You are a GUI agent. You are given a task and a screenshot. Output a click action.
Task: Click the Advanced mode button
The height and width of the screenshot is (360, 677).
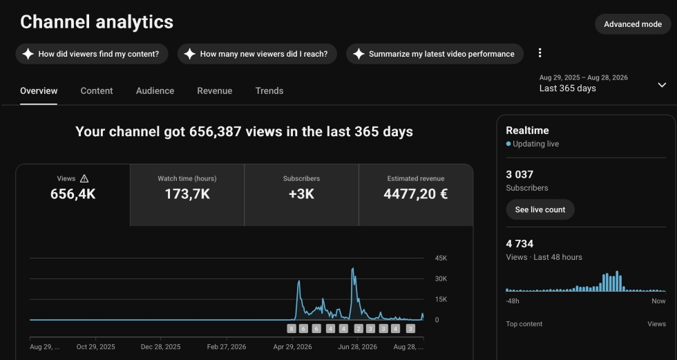tap(633, 24)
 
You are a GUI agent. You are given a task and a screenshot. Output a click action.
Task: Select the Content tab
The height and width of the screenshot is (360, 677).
tap(97, 91)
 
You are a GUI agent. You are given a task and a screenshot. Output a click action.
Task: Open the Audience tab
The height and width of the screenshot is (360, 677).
tap(155, 91)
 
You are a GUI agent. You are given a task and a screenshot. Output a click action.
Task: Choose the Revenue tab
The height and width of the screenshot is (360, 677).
tap(215, 91)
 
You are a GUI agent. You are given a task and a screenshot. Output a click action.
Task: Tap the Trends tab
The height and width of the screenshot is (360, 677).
tap(269, 91)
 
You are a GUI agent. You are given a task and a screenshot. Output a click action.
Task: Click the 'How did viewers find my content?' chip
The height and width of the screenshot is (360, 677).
tap(91, 54)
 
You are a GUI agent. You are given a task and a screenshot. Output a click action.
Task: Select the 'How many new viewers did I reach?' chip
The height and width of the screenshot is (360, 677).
tap(257, 54)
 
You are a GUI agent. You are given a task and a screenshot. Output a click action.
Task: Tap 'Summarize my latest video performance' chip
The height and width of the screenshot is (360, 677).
tap(435, 54)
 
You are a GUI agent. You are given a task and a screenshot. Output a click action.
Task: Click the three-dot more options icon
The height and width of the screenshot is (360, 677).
tap(540, 53)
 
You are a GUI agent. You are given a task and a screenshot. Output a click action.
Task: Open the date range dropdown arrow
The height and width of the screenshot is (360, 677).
tap(662, 85)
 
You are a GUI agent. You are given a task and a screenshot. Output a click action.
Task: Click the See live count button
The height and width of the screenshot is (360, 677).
tap(540, 209)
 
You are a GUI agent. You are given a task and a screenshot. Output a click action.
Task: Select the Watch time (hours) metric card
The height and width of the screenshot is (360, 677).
tap(187, 195)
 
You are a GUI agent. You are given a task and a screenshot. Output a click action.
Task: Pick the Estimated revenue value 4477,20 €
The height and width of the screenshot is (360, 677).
tap(415, 194)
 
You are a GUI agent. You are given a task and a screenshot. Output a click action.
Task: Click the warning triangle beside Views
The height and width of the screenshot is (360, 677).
tap(84, 178)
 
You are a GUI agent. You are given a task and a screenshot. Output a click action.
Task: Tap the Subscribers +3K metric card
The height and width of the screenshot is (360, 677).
tap(301, 195)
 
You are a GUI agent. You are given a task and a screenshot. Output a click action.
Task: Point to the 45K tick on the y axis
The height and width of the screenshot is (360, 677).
tap(441, 258)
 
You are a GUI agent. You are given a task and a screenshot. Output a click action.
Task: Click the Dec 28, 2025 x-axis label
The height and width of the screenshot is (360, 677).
tap(160, 347)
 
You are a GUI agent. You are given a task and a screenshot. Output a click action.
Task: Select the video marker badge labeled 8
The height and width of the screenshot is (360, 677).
tap(292, 329)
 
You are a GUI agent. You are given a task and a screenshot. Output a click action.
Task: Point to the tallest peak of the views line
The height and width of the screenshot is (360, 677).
tap(353, 268)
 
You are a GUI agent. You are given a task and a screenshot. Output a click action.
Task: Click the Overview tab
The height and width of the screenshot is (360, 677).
tap(39, 91)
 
